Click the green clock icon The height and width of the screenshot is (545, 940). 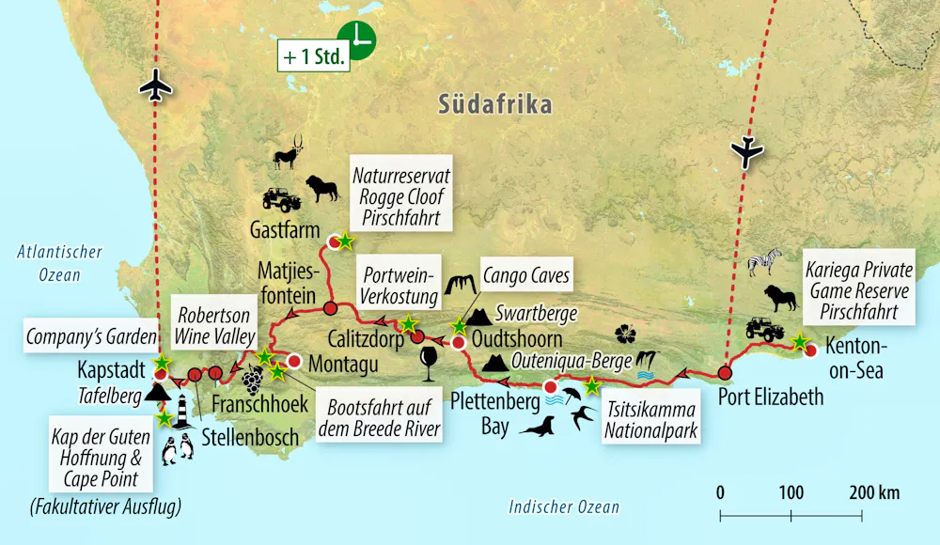pos(357,39)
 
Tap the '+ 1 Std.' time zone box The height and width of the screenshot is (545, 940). pos(314,54)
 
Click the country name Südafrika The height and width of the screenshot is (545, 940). pos(494,103)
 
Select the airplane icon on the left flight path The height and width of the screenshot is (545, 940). pos(156,87)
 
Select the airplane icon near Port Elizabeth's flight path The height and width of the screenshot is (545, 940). pos(750,151)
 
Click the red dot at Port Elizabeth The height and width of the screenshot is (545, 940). pos(725,373)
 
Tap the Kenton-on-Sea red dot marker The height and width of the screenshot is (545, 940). pos(810,352)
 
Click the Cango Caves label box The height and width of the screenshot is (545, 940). pos(526,275)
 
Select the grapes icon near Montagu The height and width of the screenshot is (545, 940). pos(253,381)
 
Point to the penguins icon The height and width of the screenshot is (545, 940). pos(178,452)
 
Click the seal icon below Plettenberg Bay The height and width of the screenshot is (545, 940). pos(540,428)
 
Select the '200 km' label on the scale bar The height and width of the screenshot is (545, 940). pos(873,491)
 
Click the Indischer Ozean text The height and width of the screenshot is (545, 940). pos(564,507)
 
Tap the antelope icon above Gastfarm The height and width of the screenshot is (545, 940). pos(290,153)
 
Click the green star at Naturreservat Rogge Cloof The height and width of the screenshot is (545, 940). pos(345,241)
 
